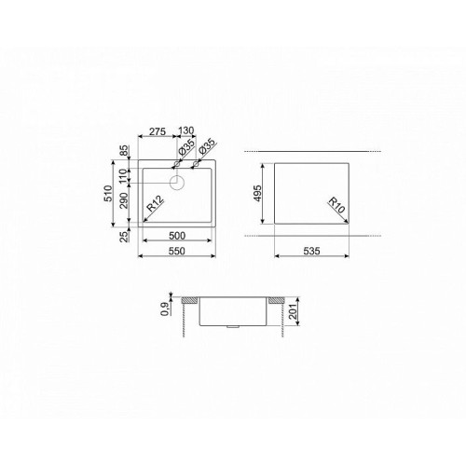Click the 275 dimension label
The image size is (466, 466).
coord(158,131)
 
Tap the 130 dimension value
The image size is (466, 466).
coord(185,130)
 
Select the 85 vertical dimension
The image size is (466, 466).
coord(124,151)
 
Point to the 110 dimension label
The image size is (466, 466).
coord(124,176)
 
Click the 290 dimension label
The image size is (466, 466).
coord(124,200)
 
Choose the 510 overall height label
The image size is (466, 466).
coord(108,193)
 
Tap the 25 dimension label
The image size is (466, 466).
coord(124,237)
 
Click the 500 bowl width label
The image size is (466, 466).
coord(177,236)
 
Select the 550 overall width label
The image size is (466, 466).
coord(176,251)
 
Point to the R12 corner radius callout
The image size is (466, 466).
coord(155,204)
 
